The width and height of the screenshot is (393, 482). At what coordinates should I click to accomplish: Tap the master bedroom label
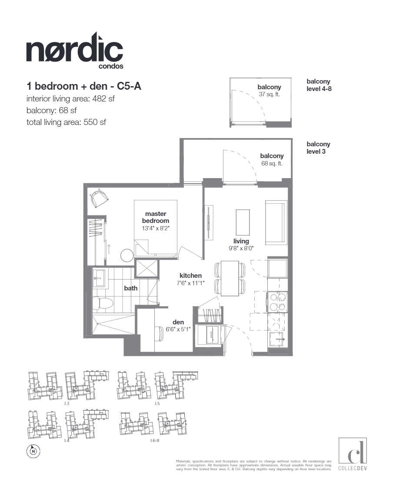coord(156,217)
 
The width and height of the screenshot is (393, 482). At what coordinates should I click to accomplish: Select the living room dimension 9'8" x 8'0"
coord(241,248)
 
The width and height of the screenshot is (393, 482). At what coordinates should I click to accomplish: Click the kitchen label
coord(191,276)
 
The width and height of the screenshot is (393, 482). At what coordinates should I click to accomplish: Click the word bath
coord(130,288)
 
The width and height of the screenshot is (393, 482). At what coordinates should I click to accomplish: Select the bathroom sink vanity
coord(100,278)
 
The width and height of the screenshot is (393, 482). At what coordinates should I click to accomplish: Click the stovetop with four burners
coord(277,301)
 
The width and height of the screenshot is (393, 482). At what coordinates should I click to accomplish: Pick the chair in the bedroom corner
coord(99,199)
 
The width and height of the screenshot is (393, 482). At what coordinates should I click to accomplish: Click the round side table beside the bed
coord(128,255)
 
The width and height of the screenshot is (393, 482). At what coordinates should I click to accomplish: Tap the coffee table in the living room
coord(243,222)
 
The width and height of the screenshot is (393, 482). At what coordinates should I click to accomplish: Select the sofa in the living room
coord(276,223)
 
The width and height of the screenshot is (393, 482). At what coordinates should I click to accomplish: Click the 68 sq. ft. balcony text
coord(272,164)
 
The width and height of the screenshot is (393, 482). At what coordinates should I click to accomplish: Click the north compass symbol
coord(33,451)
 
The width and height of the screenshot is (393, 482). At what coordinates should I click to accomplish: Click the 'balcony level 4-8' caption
coord(318,85)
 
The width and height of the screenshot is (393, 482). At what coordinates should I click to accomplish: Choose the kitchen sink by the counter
coord(277,338)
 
